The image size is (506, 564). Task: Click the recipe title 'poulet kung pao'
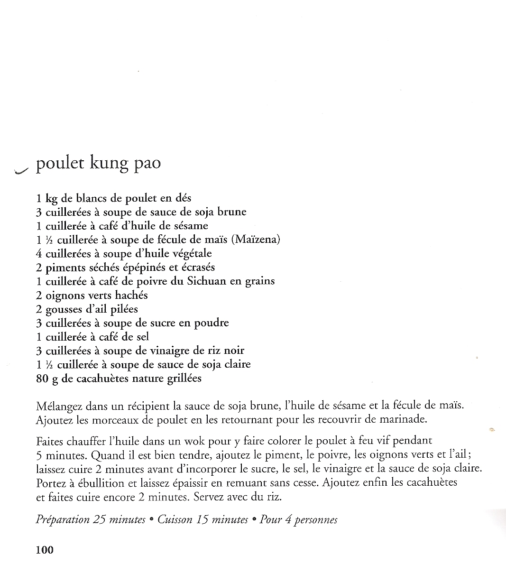tap(99, 164)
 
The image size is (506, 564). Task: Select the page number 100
tap(45, 550)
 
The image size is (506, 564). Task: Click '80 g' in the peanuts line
tap(46, 378)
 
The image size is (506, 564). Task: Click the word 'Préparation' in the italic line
tap(63, 520)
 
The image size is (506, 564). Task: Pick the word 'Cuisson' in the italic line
tap(175, 520)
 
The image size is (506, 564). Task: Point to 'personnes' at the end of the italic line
tap(316, 520)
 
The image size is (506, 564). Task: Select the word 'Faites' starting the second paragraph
tap(50, 441)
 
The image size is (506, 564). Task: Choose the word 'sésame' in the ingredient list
tap(191, 226)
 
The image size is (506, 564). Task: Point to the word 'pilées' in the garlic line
tap(124, 309)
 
